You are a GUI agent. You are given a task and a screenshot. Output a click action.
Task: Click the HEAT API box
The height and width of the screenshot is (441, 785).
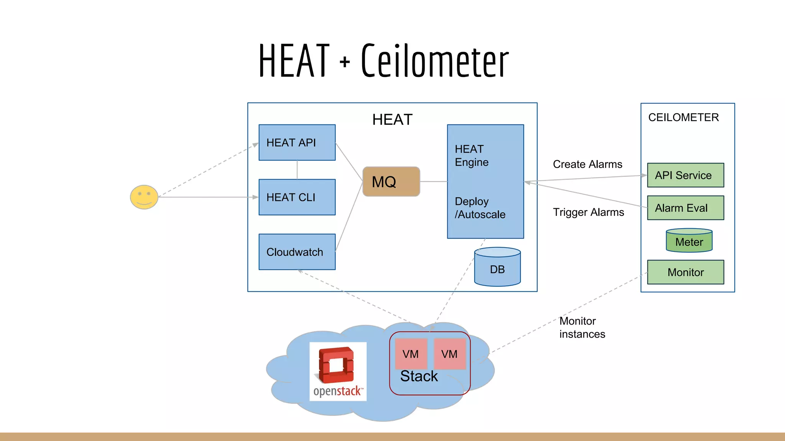[x=297, y=142]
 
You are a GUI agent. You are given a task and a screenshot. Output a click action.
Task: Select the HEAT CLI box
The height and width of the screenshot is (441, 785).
[x=297, y=197]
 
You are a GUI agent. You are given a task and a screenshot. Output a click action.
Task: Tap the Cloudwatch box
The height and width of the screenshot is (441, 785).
[x=297, y=252]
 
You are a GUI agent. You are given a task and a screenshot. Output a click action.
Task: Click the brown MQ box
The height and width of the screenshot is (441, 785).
[x=391, y=181]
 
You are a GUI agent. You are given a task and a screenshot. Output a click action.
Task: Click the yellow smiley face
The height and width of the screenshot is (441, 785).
[x=144, y=197]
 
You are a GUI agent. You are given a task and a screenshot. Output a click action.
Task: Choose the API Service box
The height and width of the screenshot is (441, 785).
[x=685, y=175]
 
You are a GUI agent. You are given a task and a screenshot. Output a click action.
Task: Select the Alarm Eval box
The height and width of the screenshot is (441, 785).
[x=685, y=208]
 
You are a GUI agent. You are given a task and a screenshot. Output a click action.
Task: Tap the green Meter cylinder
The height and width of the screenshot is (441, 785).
[x=689, y=241]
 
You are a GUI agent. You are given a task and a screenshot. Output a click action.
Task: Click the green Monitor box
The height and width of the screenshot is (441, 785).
[x=685, y=272]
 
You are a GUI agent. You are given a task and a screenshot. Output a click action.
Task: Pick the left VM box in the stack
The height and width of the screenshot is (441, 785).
[x=411, y=354]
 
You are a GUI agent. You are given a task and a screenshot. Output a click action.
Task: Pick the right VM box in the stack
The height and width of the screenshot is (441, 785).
[x=450, y=354]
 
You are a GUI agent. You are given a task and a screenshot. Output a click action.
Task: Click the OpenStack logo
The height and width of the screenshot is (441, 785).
[x=338, y=371]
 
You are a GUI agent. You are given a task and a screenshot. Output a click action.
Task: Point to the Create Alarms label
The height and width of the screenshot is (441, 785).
[x=587, y=164]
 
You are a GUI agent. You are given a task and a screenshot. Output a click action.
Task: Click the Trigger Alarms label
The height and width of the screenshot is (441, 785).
[x=588, y=212]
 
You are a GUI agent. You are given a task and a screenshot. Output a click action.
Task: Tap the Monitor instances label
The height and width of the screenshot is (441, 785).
[x=582, y=327]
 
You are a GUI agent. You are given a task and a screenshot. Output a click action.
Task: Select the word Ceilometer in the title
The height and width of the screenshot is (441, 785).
[x=435, y=61]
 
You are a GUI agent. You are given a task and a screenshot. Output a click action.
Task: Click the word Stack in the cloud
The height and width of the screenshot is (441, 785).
[x=419, y=376]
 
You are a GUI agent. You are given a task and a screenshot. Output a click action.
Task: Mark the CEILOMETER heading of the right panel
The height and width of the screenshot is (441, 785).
[x=683, y=118]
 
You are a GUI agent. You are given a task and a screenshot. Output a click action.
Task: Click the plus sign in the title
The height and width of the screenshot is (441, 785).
[x=345, y=62]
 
